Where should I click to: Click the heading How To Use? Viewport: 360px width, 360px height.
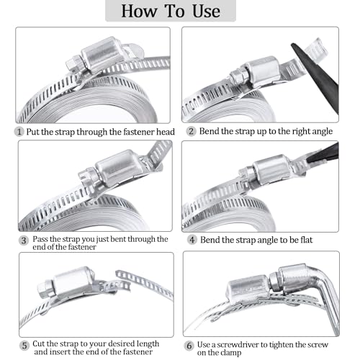180,11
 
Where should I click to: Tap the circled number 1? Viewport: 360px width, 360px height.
19,132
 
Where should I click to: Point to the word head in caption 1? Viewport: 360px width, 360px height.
158,132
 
